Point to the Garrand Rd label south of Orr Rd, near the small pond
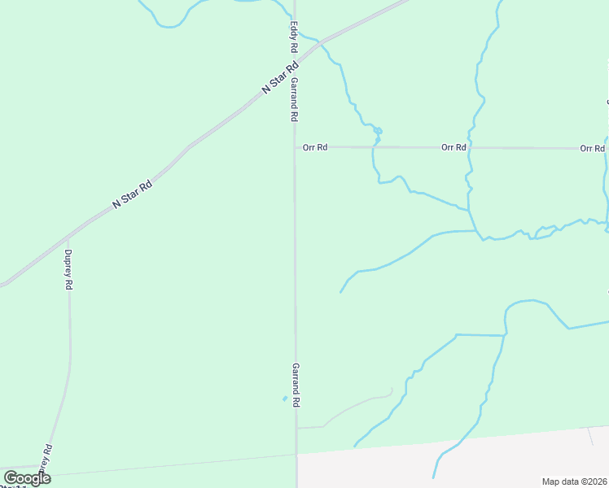pyautogui.click(x=296, y=385)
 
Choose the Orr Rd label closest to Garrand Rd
pyautogui.click(x=314, y=147)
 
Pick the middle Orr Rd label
pyautogui.click(x=453, y=147)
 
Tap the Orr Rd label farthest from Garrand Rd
pyautogui.click(x=592, y=148)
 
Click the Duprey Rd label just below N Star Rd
pyautogui.click(x=68, y=269)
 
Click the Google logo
pyautogui.click(x=27, y=478)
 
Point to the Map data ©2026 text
pyautogui.click(x=575, y=481)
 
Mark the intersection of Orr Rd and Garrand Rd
pyautogui.click(x=295, y=147)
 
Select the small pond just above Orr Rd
pyautogui.click(x=379, y=131)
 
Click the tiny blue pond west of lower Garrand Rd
pyautogui.click(x=284, y=399)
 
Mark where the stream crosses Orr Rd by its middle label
pyautogui.click(x=470, y=148)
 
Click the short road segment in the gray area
pyautogui.click(x=593, y=436)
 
